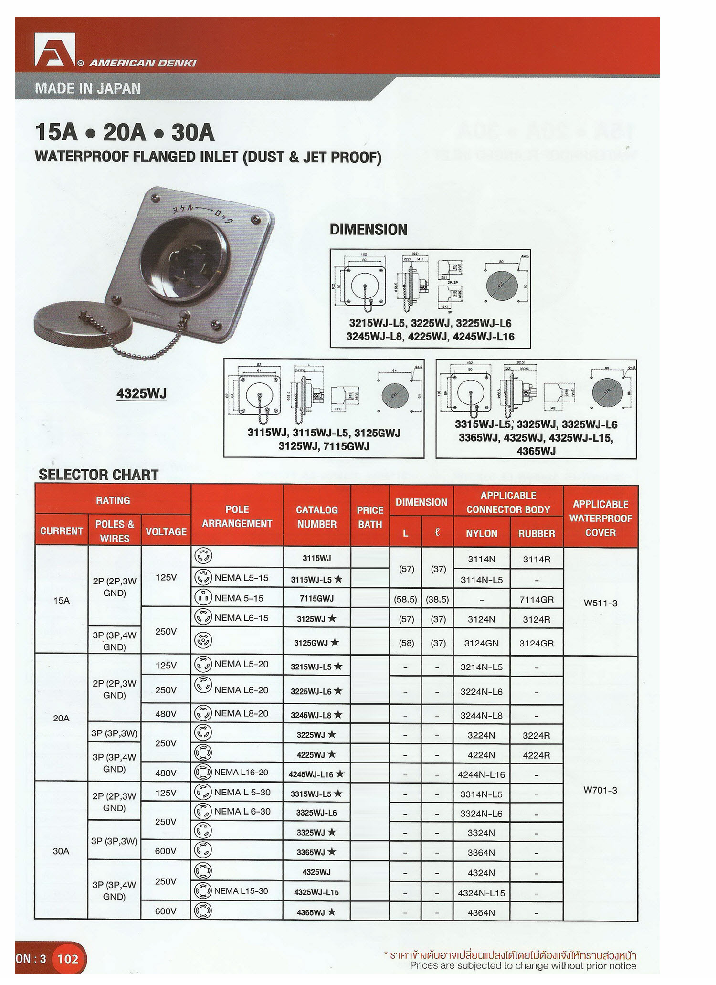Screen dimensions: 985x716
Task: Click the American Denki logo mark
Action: click(54, 49)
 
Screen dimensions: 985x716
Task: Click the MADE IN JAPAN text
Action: click(88, 88)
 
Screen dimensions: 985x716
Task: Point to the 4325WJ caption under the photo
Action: click(141, 393)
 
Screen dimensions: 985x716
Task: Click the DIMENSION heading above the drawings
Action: click(369, 230)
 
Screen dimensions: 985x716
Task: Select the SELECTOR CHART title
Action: click(98, 475)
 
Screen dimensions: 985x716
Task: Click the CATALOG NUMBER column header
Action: click(316, 517)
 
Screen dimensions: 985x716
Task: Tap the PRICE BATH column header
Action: click(370, 517)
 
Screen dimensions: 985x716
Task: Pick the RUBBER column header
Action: click(537, 533)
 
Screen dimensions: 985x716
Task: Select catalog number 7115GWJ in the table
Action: click(316, 598)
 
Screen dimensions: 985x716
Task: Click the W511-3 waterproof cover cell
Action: click(600, 603)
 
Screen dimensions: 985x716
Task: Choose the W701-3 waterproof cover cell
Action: click(600, 790)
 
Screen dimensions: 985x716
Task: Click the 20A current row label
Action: click(61, 718)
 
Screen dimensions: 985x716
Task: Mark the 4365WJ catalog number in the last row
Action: click(311, 912)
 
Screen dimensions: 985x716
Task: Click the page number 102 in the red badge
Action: click(68, 959)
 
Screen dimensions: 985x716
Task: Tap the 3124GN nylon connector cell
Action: click(481, 643)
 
